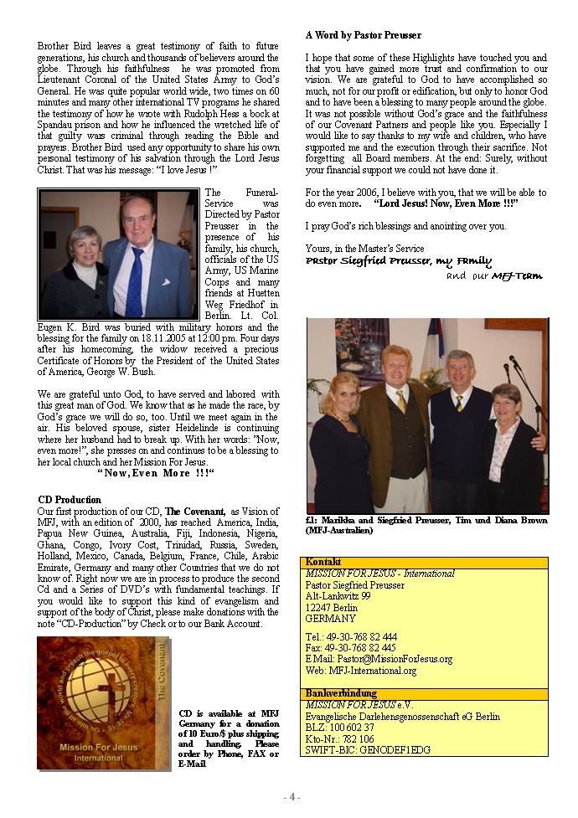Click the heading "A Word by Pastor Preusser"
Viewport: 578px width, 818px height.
tap(363, 36)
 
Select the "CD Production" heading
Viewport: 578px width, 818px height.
tap(70, 500)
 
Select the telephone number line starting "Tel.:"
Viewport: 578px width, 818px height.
tap(351, 637)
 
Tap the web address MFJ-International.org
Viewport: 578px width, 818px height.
tap(361, 671)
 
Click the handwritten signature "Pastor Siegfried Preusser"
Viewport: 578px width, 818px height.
tap(399, 261)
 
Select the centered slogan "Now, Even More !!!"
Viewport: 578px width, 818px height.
tap(157, 473)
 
